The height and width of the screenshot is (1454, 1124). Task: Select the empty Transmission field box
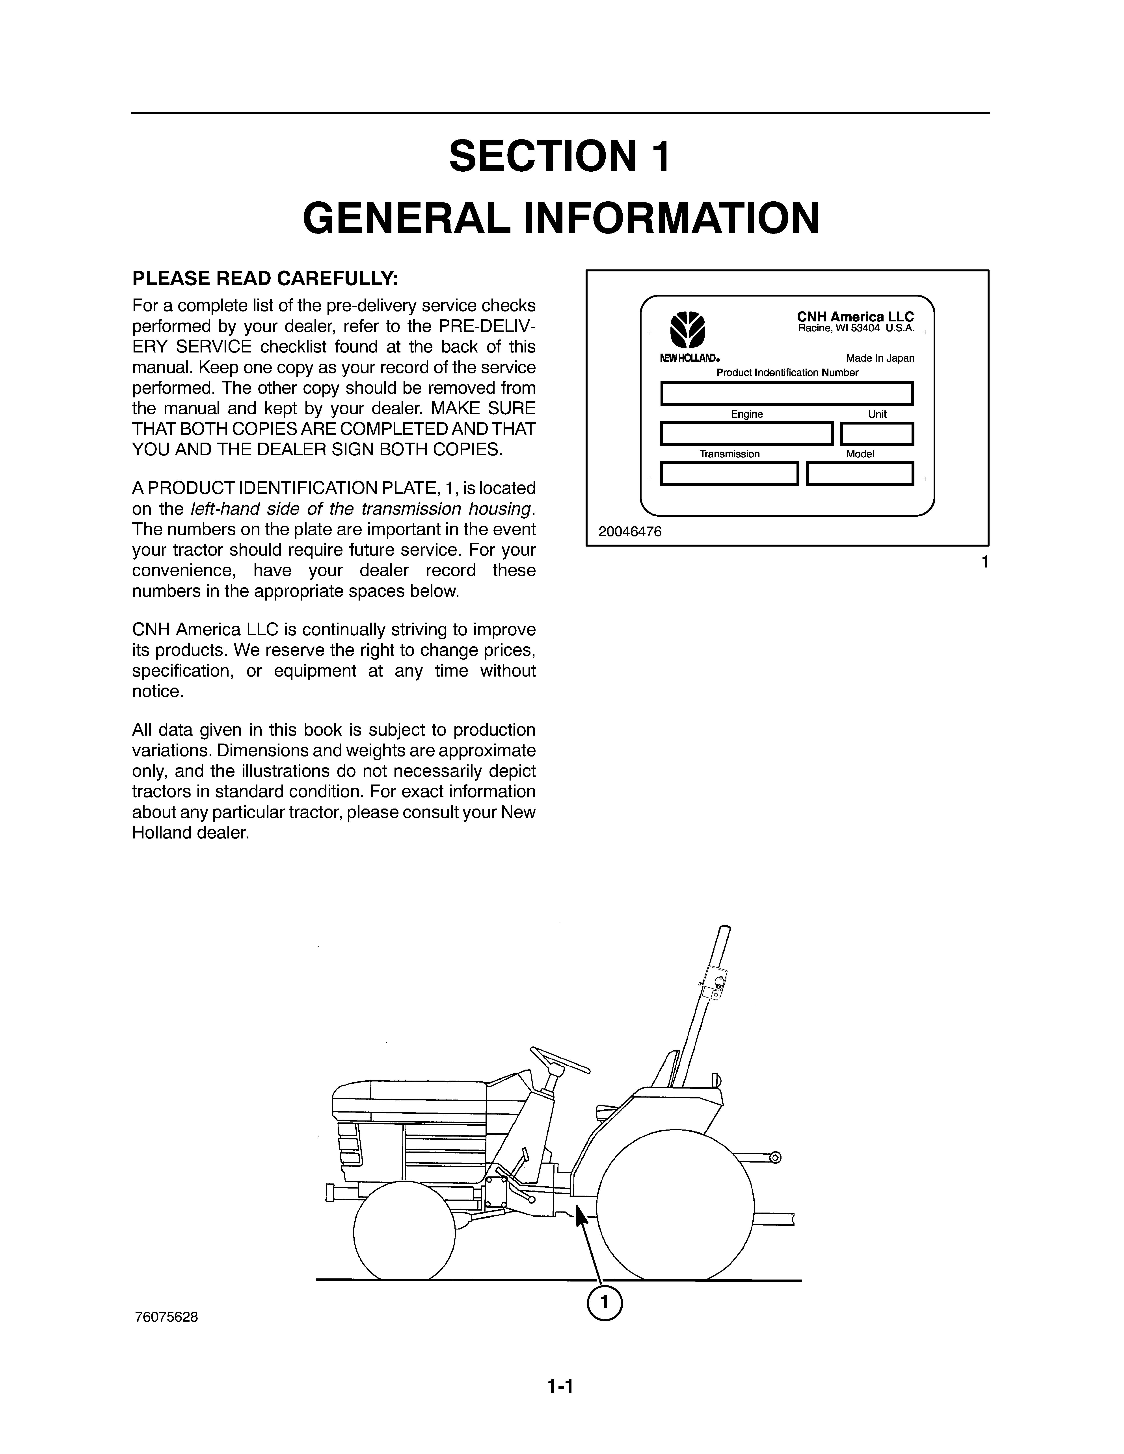click(x=729, y=473)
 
